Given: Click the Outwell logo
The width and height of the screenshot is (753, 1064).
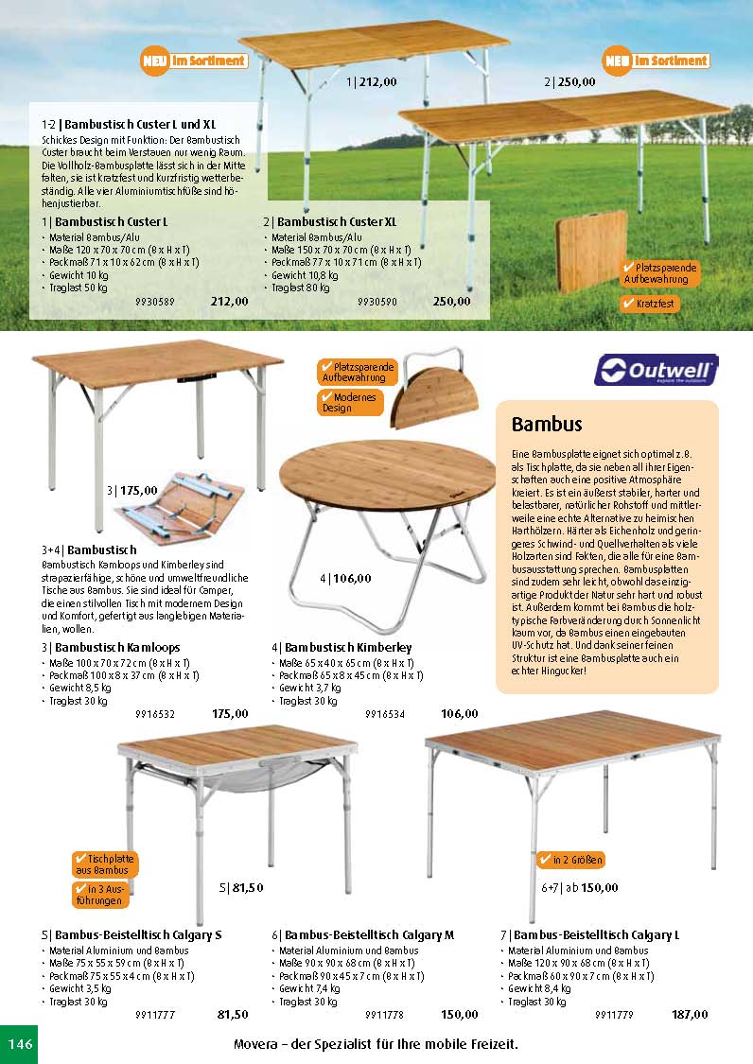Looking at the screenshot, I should pyautogui.click(x=656, y=370).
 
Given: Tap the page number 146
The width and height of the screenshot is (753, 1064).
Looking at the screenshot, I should pyautogui.click(x=20, y=1044).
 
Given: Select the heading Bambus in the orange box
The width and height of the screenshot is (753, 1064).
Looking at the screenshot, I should pyautogui.click(x=547, y=424).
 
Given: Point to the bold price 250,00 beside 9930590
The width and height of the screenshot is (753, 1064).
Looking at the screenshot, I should pyautogui.click(x=451, y=302).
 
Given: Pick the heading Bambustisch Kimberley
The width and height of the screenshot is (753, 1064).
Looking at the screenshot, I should pyautogui.click(x=341, y=647).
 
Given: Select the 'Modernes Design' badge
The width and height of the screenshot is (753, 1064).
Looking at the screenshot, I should pyautogui.click(x=350, y=403).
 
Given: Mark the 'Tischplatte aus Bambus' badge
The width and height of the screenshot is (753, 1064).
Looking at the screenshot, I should pyautogui.click(x=105, y=863).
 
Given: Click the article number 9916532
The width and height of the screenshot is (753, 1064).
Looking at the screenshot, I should pyautogui.click(x=155, y=714).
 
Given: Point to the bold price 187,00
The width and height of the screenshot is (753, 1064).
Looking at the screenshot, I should pyautogui.click(x=689, y=1015).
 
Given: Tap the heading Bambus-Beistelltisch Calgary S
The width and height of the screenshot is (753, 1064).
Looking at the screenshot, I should pyautogui.click(x=131, y=934).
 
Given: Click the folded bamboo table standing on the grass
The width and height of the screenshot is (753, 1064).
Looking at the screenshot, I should pyautogui.click(x=591, y=251).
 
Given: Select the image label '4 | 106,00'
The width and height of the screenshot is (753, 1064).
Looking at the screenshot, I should pyautogui.click(x=345, y=578).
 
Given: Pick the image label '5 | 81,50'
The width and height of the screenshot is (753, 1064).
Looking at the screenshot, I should pyautogui.click(x=241, y=887).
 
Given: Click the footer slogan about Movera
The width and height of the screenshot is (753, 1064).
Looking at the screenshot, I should pyautogui.click(x=376, y=1044).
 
